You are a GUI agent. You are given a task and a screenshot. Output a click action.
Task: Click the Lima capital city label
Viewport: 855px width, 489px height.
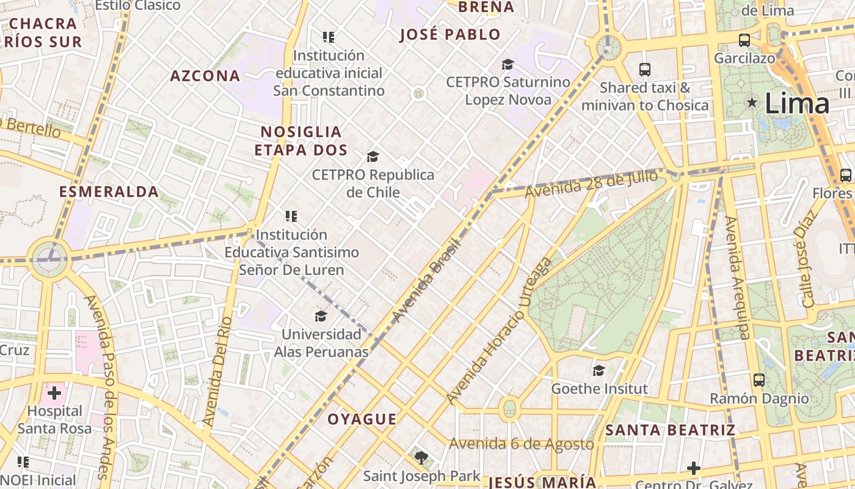tap(797, 103)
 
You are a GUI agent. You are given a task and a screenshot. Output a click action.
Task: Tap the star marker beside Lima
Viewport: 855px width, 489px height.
tap(752, 103)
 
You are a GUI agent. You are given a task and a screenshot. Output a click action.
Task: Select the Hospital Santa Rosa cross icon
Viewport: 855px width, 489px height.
tap(54, 392)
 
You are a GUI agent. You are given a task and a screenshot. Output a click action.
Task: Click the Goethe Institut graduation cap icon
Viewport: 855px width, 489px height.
tap(598, 370)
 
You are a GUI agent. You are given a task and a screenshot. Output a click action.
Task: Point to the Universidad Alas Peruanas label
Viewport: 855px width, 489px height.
tap(321, 343)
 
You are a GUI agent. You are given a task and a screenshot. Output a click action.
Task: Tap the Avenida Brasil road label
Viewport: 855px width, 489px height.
tap(426, 279)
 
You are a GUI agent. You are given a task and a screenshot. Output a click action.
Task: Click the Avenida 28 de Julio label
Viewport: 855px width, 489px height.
tap(591, 184)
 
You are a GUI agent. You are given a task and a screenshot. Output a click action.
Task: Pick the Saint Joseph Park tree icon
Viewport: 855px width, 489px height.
tap(421, 457)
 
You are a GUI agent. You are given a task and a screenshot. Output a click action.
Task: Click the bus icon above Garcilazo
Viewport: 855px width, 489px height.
tap(744, 40)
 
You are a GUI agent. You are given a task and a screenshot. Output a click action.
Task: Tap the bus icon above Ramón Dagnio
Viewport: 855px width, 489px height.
tap(759, 380)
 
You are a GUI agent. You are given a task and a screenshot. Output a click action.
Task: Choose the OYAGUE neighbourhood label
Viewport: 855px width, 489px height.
tap(362, 419)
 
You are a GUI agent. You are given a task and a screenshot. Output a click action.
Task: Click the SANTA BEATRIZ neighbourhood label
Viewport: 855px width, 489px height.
tap(670, 430)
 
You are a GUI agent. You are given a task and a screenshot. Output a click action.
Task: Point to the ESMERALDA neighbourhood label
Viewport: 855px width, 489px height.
tap(109, 192)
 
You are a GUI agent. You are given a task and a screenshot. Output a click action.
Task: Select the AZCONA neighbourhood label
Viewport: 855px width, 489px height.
tap(205, 76)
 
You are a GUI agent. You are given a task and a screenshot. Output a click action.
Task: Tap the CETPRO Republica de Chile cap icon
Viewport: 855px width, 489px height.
tap(373, 157)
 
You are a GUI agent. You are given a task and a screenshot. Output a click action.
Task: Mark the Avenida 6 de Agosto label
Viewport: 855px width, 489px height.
tap(522, 444)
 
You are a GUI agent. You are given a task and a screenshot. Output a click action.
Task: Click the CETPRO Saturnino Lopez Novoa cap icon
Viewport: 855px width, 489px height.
tap(508, 64)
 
